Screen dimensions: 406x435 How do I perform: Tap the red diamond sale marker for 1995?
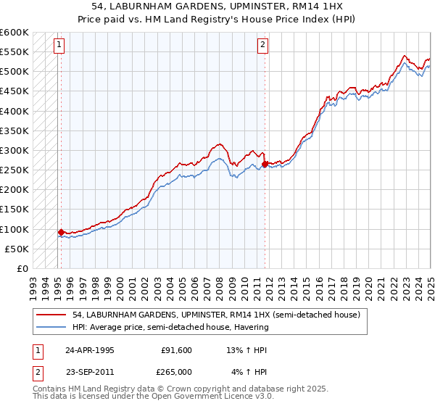tap(61, 232)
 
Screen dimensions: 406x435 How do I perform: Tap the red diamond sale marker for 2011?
tap(265, 164)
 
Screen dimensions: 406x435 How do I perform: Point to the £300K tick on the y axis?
tap(14, 151)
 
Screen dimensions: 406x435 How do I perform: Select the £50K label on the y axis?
tap(17, 249)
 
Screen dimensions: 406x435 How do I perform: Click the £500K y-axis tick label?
tap(14, 72)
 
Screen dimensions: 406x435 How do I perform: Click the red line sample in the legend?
tap(51, 315)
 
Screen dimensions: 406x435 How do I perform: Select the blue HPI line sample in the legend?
tap(51, 327)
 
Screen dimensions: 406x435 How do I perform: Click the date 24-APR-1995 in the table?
tap(89, 349)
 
